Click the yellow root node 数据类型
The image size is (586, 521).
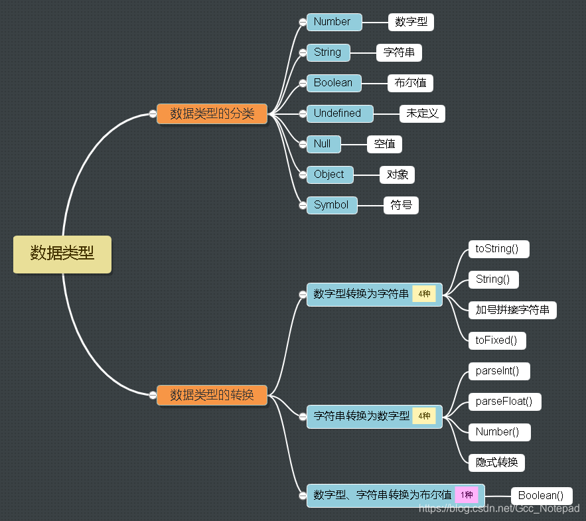(62, 254)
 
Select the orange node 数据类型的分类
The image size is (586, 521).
(212, 113)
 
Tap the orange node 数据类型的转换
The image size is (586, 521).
(212, 395)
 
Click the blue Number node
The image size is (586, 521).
(334, 22)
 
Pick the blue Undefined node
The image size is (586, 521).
(339, 113)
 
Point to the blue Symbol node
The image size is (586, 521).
(331, 205)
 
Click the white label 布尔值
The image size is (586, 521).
(410, 83)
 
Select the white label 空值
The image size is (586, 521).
(384, 144)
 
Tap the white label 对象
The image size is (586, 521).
(397, 175)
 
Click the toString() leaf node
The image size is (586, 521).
(498, 249)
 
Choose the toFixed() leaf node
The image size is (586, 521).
(496, 340)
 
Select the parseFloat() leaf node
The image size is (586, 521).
(504, 402)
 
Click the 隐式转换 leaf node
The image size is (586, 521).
(496, 463)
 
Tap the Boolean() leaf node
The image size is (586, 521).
(541, 496)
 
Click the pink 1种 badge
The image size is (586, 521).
(467, 495)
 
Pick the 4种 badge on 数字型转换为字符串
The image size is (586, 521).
(424, 294)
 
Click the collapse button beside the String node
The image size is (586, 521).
(302, 52)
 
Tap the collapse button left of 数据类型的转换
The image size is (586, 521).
(153, 395)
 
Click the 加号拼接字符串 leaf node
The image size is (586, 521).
(512, 310)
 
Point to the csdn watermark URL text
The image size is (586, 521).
(499, 508)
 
